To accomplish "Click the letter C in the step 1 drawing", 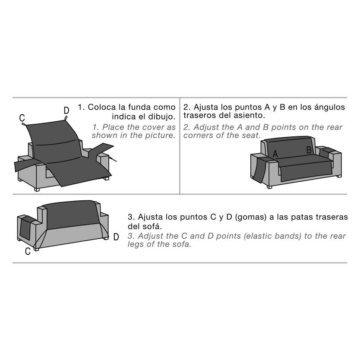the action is (22, 118).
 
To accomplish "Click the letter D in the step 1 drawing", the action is (66, 111).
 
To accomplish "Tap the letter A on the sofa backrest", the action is (275, 154).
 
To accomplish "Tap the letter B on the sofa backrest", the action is (309, 150).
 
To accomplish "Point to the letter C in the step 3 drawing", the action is (28, 251).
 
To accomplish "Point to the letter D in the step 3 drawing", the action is (116, 237).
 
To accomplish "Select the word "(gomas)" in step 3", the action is (251, 217).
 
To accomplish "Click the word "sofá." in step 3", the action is (152, 226).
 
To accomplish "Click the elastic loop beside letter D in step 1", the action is (66, 118).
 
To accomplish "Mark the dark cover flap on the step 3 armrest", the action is (25, 229).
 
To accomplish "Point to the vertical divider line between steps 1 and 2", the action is (180, 146).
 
